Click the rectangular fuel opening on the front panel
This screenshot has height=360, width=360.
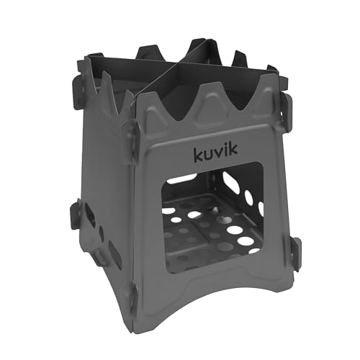pyautogui.click(x=209, y=216)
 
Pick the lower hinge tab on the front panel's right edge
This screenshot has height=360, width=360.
pyautogui.click(x=294, y=252)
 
